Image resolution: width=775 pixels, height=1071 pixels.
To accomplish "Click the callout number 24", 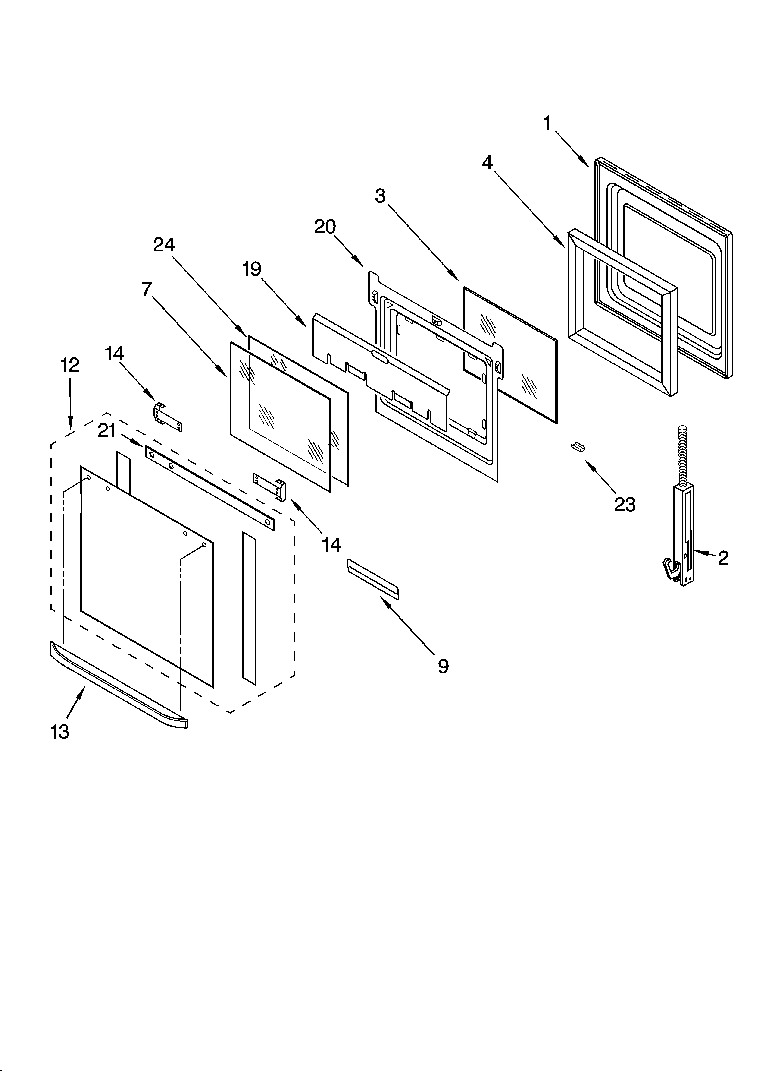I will [164, 245].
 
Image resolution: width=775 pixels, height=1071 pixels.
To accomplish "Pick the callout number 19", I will [252, 269].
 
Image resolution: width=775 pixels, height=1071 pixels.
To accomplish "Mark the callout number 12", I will [70, 365].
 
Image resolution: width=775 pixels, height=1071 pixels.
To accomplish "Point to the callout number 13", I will [60, 731].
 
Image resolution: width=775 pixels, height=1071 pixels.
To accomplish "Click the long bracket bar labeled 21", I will [209, 488].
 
